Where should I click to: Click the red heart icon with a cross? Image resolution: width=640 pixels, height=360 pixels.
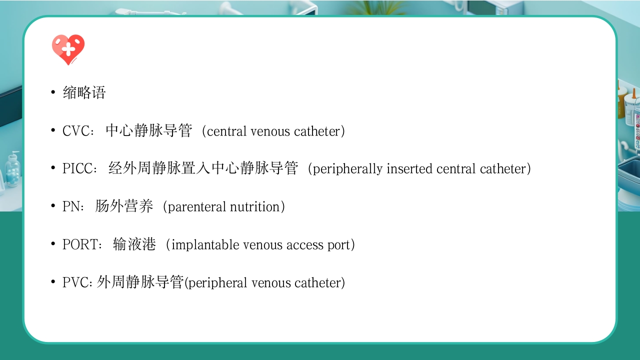pos(68,49)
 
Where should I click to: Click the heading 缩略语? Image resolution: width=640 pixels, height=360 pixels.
pos(84,93)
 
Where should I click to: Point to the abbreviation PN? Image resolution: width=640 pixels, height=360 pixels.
pos(72,207)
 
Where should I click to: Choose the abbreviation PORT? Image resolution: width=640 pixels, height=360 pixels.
pos(82,245)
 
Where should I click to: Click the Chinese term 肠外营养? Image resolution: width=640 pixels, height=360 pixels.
pos(124,207)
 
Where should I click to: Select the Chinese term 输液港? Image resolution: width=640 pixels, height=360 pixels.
pos(134,245)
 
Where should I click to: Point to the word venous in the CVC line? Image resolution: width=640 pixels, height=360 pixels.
pos(270,131)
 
